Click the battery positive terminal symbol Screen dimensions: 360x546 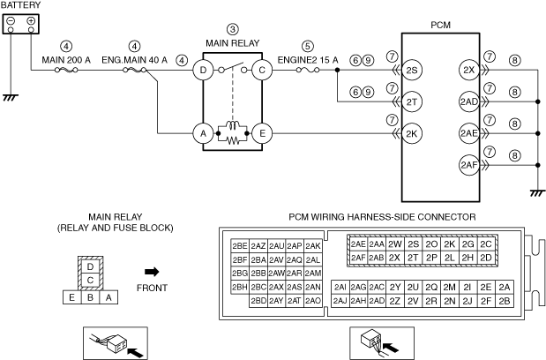tap(31, 20)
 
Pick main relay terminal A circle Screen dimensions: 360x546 tap(203, 133)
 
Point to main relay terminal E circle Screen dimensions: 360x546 tap(261, 133)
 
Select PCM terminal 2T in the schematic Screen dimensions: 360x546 tap(412, 101)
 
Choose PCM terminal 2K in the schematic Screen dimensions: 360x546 tap(412, 133)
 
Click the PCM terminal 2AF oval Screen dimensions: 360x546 tap(468, 164)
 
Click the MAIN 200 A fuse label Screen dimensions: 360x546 tap(65, 60)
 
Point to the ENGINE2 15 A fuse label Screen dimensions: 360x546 tap(307, 60)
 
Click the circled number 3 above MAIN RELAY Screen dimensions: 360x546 tap(232, 29)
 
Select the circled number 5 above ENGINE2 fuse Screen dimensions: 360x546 tap(307, 46)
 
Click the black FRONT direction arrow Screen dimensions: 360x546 tap(151, 271)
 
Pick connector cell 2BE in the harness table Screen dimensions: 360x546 tap(239, 245)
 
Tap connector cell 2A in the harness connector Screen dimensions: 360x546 tap(504, 287)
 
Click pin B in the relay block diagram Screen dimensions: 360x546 tap(90, 297)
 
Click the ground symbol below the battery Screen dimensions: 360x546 tap(11, 96)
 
